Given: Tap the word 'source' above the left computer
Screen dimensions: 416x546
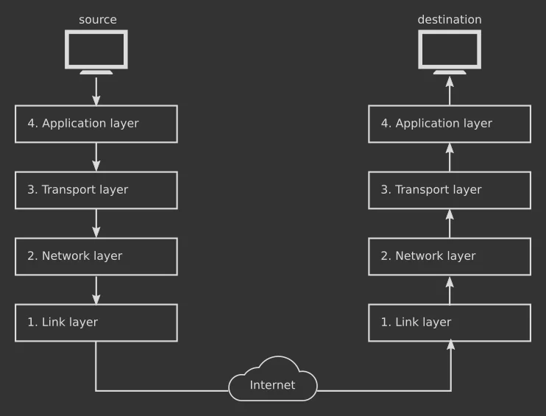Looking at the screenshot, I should click(97, 20).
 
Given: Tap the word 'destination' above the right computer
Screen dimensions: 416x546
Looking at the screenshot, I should click(449, 20).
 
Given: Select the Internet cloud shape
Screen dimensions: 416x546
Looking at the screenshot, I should click(273, 381).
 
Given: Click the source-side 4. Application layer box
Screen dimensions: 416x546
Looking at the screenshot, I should click(96, 124).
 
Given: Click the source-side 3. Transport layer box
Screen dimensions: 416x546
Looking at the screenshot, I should click(96, 190).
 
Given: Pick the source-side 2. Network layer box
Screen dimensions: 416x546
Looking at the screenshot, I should click(96, 256).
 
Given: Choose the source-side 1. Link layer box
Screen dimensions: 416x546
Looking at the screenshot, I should click(96, 322).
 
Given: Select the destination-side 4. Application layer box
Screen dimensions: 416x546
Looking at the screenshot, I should click(450, 124).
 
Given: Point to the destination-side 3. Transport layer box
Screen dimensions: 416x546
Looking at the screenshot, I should click(450, 190).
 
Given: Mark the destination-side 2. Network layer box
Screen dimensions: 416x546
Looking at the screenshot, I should click(450, 256).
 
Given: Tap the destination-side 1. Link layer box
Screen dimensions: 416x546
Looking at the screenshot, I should click(450, 322).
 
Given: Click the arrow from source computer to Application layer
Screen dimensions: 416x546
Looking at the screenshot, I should click(96, 91).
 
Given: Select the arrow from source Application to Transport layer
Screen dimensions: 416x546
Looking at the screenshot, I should click(96, 157).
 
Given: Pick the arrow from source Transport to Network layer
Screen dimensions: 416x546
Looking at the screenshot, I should click(96, 223).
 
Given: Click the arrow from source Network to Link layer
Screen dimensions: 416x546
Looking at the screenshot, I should click(96, 289).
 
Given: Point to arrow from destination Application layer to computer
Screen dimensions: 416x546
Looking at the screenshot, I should click(450, 91).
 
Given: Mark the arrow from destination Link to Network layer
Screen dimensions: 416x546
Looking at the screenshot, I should click(450, 289).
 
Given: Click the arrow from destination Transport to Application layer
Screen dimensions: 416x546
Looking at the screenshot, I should click(450, 157).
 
